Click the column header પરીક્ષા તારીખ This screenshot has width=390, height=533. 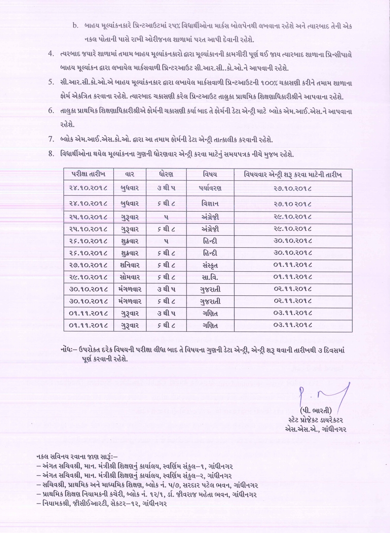click(x=89, y=174)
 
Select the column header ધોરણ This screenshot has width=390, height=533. click(x=166, y=174)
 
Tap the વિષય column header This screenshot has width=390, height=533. click(x=210, y=174)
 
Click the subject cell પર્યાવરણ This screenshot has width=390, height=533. click(x=210, y=188)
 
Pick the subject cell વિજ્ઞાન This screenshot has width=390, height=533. click(x=210, y=204)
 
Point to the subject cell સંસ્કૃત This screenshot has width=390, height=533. click(x=210, y=266)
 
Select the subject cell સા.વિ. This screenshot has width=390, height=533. click(x=210, y=278)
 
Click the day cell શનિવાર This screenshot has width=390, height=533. click(x=129, y=266)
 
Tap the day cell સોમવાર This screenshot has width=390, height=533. click(x=129, y=278)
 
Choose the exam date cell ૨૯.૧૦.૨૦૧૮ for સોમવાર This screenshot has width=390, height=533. click(x=89, y=278)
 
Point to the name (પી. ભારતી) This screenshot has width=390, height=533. click(x=316, y=411)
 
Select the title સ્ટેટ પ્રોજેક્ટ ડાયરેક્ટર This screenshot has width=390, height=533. click(x=316, y=420)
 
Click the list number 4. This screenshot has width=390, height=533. click(x=51, y=54)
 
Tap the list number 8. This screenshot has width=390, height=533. click(x=51, y=154)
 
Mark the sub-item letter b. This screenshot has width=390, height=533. click(x=75, y=26)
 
